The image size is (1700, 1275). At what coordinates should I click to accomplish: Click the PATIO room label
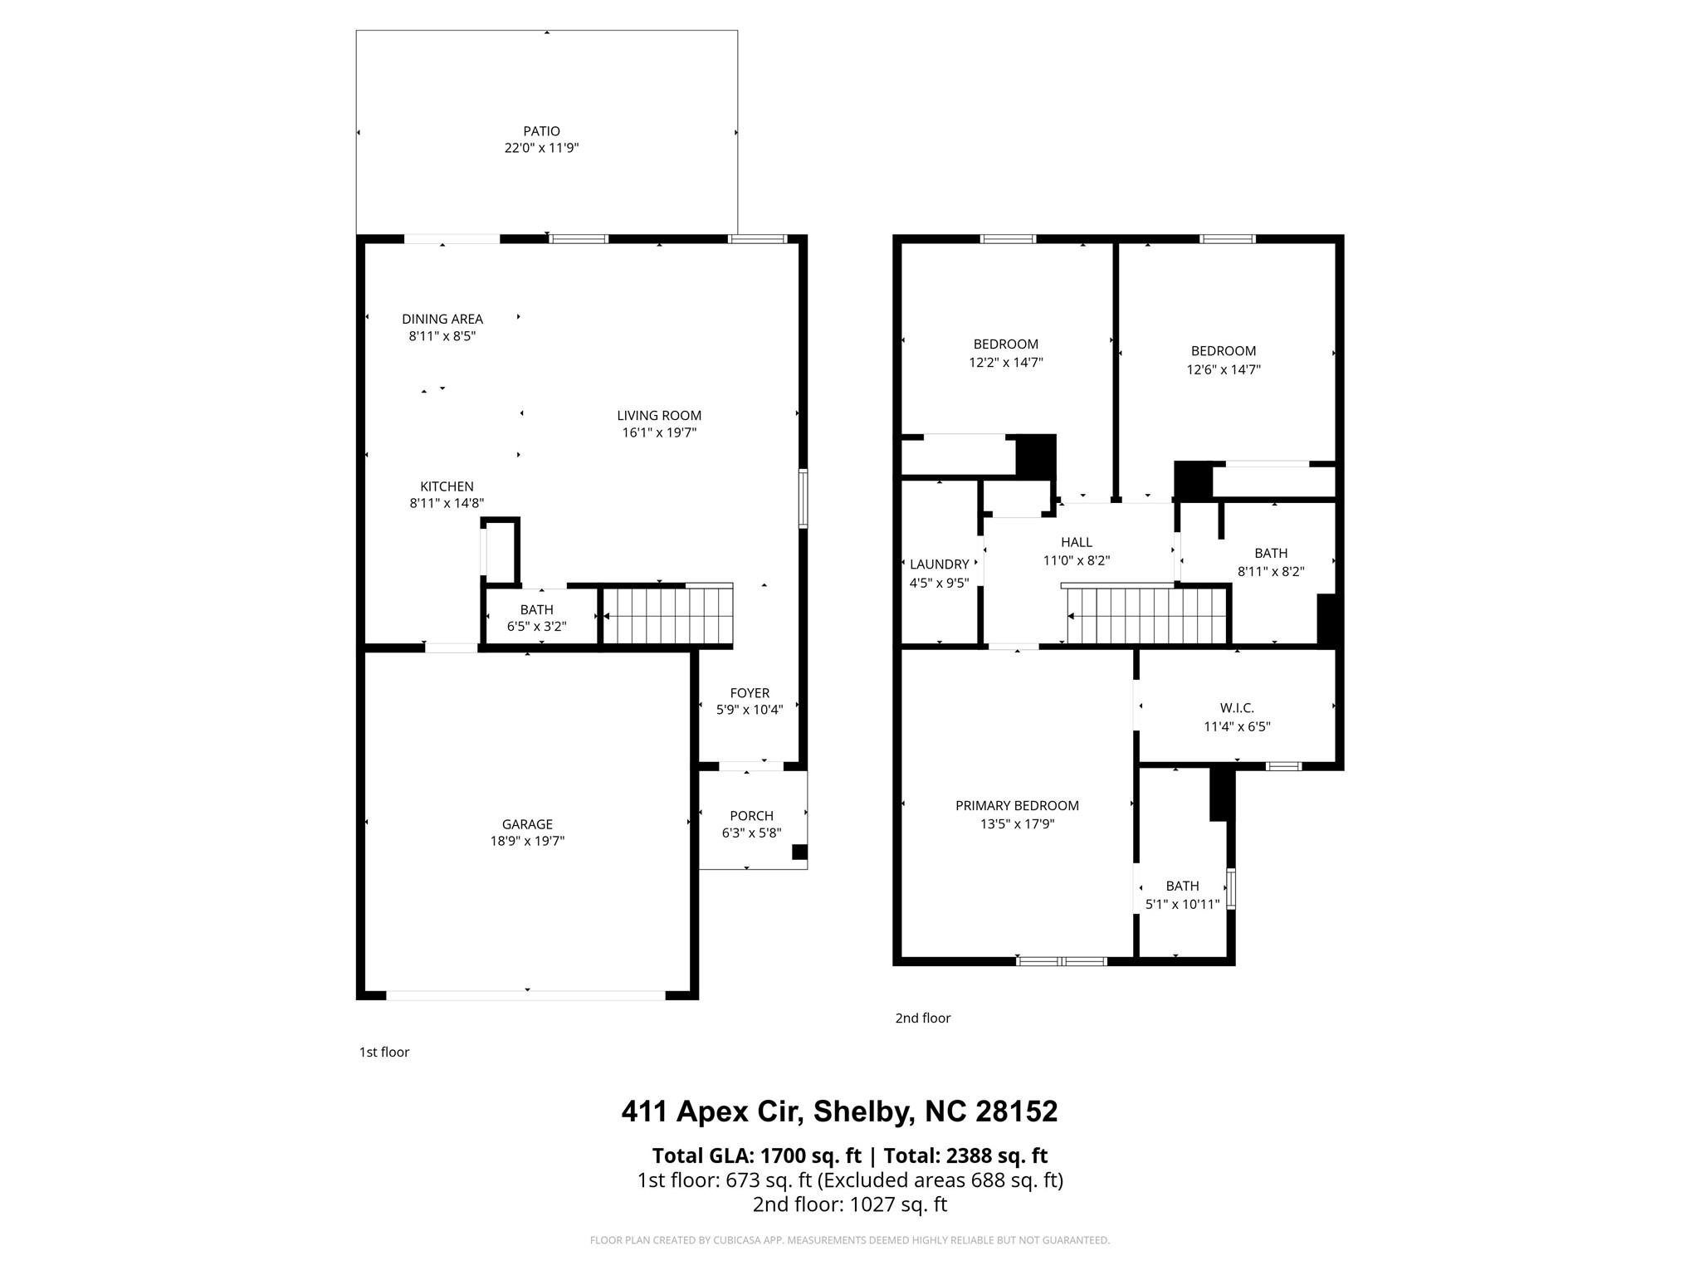541,131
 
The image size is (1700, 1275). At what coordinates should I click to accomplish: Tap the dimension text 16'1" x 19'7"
659,432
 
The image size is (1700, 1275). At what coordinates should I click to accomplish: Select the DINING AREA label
442,319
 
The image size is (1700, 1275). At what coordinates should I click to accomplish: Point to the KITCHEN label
447,486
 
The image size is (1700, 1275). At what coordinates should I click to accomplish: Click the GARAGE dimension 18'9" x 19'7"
527,841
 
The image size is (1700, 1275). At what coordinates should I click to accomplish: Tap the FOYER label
750,693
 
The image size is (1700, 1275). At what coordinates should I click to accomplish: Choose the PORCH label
751,816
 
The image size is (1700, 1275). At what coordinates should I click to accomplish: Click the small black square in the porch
799,852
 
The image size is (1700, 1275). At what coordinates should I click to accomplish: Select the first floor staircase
667,616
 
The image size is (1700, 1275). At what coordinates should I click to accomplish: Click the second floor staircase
1146,616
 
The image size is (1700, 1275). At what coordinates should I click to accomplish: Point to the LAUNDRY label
939,564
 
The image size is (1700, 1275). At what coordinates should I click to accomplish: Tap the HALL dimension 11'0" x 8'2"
1076,560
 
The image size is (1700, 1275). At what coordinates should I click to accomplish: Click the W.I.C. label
1237,708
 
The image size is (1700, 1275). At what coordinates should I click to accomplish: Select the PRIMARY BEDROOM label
1017,805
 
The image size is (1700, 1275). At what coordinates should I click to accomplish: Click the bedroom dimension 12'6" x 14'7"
1223,369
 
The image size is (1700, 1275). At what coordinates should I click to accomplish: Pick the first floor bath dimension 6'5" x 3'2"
536,627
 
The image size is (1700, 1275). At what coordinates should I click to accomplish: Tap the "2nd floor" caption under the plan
922,1018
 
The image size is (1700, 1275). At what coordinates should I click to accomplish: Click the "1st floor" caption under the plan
383,1052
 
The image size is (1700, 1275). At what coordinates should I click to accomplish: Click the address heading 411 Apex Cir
839,1111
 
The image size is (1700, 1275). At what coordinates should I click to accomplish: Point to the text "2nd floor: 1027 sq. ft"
849,1204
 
